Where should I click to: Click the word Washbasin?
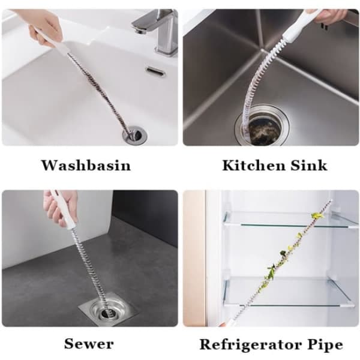click(86, 165)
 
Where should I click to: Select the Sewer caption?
click(89, 344)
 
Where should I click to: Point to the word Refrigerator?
click(250, 344)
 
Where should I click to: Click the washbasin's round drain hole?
click(135, 135)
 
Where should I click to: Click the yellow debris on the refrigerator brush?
click(316, 215)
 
